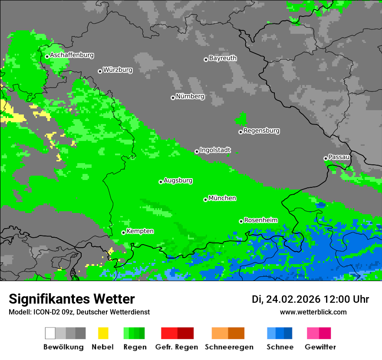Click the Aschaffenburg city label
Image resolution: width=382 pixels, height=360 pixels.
click(72, 56)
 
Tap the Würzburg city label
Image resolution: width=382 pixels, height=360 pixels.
click(118, 70)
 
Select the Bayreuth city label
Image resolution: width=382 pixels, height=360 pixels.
click(223, 58)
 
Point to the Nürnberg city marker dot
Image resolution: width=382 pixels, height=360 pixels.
click(173, 98)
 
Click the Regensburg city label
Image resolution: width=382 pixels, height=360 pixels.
click(261, 131)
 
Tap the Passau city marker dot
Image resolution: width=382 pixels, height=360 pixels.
click(326, 158)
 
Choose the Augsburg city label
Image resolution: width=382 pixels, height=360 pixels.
click(178, 180)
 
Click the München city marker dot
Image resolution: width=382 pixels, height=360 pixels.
click(205, 200)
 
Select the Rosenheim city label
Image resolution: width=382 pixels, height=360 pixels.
click(260, 220)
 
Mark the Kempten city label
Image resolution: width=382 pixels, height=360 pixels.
click(140, 231)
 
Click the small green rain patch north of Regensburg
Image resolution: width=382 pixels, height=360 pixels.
click(240, 118)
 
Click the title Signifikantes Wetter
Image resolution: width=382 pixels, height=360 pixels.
click(72, 299)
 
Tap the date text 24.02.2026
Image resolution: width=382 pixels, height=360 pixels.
click(293, 299)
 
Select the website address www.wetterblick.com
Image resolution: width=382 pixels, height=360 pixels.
click(313, 312)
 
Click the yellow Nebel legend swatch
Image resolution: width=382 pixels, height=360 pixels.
click(103, 333)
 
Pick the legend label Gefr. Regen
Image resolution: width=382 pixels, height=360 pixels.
click(177, 347)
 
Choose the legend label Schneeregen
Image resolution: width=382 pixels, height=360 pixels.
click(229, 347)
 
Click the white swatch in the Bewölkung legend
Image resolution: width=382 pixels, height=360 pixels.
click(50, 333)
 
